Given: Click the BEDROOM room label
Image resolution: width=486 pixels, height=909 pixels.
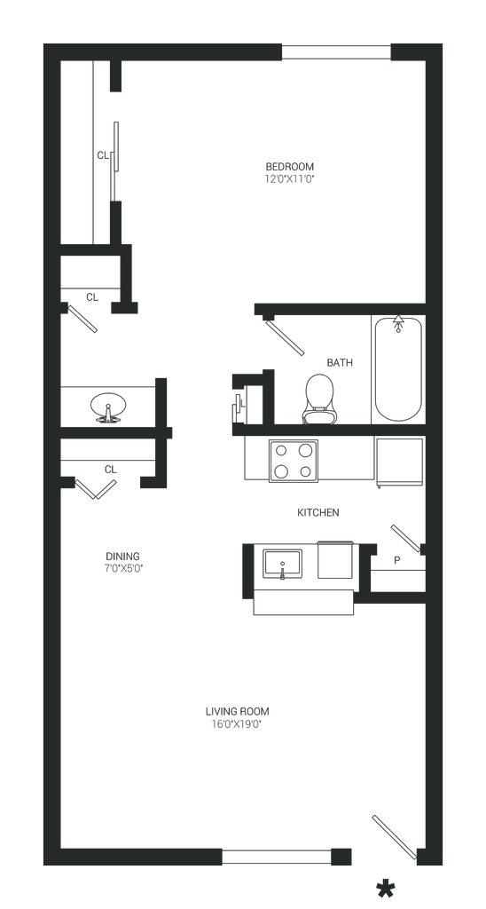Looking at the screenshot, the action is (x=290, y=167).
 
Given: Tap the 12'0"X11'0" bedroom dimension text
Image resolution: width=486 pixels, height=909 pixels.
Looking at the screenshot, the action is (x=290, y=179).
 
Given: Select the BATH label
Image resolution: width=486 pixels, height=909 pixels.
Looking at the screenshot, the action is (x=340, y=363).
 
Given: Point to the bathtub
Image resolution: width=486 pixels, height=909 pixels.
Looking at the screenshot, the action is (x=398, y=368).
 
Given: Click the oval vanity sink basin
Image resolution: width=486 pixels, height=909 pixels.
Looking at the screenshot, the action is (x=107, y=407).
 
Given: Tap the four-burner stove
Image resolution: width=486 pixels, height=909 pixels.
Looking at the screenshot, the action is (x=293, y=461).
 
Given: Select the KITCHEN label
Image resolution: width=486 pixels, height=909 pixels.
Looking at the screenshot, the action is (x=318, y=512).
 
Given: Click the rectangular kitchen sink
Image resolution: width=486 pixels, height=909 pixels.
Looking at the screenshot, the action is (x=282, y=564).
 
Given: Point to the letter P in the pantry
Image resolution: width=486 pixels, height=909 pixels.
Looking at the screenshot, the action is (x=396, y=561).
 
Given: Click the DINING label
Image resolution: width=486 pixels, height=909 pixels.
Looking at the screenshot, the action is (x=122, y=557).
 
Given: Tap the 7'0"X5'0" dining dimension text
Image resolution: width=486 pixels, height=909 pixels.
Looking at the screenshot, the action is (x=122, y=569).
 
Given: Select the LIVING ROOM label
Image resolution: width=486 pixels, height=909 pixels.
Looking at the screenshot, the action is (x=238, y=711).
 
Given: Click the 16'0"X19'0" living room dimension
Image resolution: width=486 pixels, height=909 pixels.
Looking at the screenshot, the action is (x=238, y=724).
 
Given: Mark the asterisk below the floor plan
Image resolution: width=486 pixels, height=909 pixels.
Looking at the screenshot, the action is (x=385, y=889).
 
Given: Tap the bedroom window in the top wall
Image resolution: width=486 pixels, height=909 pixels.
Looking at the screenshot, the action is (x=336, y=52).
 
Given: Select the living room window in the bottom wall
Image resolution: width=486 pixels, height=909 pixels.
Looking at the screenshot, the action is (x=277, y=857).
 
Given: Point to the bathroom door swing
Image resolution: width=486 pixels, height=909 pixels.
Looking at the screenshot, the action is (x=285, y=336).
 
